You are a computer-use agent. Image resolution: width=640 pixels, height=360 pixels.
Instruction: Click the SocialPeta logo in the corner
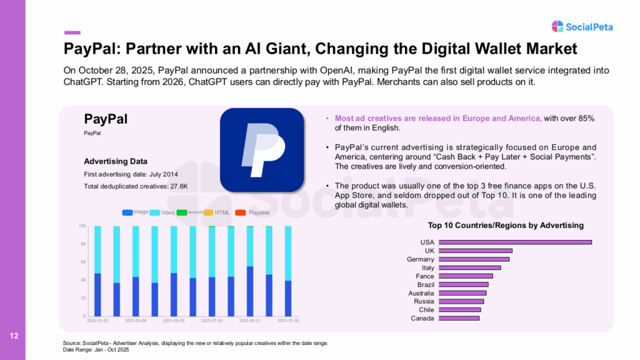pos(582,26)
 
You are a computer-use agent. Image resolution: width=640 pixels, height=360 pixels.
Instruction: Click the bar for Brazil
pos(463,284)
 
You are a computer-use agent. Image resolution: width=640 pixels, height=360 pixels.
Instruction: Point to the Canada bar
pos(459,318)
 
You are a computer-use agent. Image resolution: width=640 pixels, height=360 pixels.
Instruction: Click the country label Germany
pos(420,259)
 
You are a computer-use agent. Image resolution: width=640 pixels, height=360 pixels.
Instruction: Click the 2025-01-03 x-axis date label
pos(97,321)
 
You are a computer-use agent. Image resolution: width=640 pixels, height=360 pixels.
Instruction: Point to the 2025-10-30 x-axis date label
pos(287,321)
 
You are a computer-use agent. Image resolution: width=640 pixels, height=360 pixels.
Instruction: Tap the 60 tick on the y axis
pos(82,261)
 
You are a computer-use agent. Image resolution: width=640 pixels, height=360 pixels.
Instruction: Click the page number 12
pos(14,337)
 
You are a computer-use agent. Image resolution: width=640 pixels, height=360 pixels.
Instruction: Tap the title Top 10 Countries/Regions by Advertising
pos(506,225)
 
